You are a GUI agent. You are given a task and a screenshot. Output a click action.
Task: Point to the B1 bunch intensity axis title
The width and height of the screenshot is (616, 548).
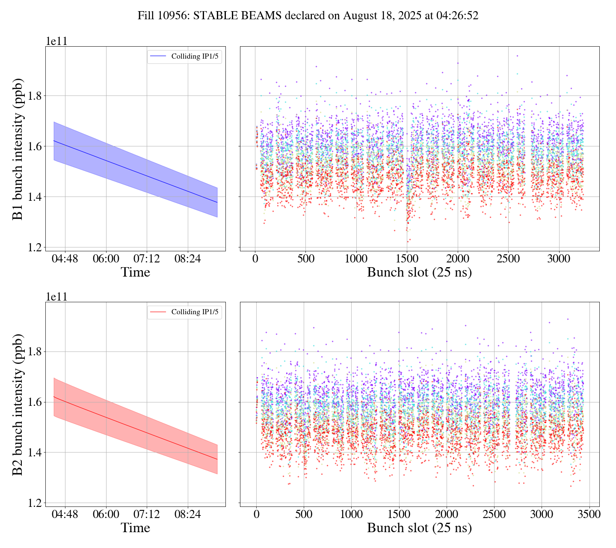click(18, 149)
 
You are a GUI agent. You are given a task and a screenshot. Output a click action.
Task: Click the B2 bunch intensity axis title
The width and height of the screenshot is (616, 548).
click(18, 405)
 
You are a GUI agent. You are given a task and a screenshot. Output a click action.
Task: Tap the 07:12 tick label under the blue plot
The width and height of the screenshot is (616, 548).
click(147, 259)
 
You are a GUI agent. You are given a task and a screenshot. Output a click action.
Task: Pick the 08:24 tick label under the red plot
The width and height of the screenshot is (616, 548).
click(188, 515)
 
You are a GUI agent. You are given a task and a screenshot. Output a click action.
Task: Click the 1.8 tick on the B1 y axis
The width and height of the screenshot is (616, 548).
click(35, 96)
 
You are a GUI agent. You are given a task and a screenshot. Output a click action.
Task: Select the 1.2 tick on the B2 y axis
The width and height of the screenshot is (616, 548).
click(35, 503)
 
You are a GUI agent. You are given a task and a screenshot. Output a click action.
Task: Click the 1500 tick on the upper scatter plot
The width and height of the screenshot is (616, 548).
click(407, 259)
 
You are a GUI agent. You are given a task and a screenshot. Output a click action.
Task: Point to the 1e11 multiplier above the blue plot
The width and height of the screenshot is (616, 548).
click(56, 42)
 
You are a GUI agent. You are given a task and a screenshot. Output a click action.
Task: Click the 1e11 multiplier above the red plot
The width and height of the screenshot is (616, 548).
click(56, 297)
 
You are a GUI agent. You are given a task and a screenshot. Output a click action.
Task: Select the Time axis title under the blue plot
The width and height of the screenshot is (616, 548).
click(135, 272)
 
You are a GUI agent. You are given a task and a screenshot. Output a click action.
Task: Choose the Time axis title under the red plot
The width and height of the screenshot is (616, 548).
click(135, 528)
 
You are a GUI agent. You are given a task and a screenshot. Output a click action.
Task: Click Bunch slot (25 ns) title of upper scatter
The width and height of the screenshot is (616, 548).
click(419, 272)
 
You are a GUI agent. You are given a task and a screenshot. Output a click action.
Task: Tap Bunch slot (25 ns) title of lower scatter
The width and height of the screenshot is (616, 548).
click(419, 528)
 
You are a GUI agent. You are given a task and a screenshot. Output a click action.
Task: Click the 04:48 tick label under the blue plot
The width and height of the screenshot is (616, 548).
click(65, 259)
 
